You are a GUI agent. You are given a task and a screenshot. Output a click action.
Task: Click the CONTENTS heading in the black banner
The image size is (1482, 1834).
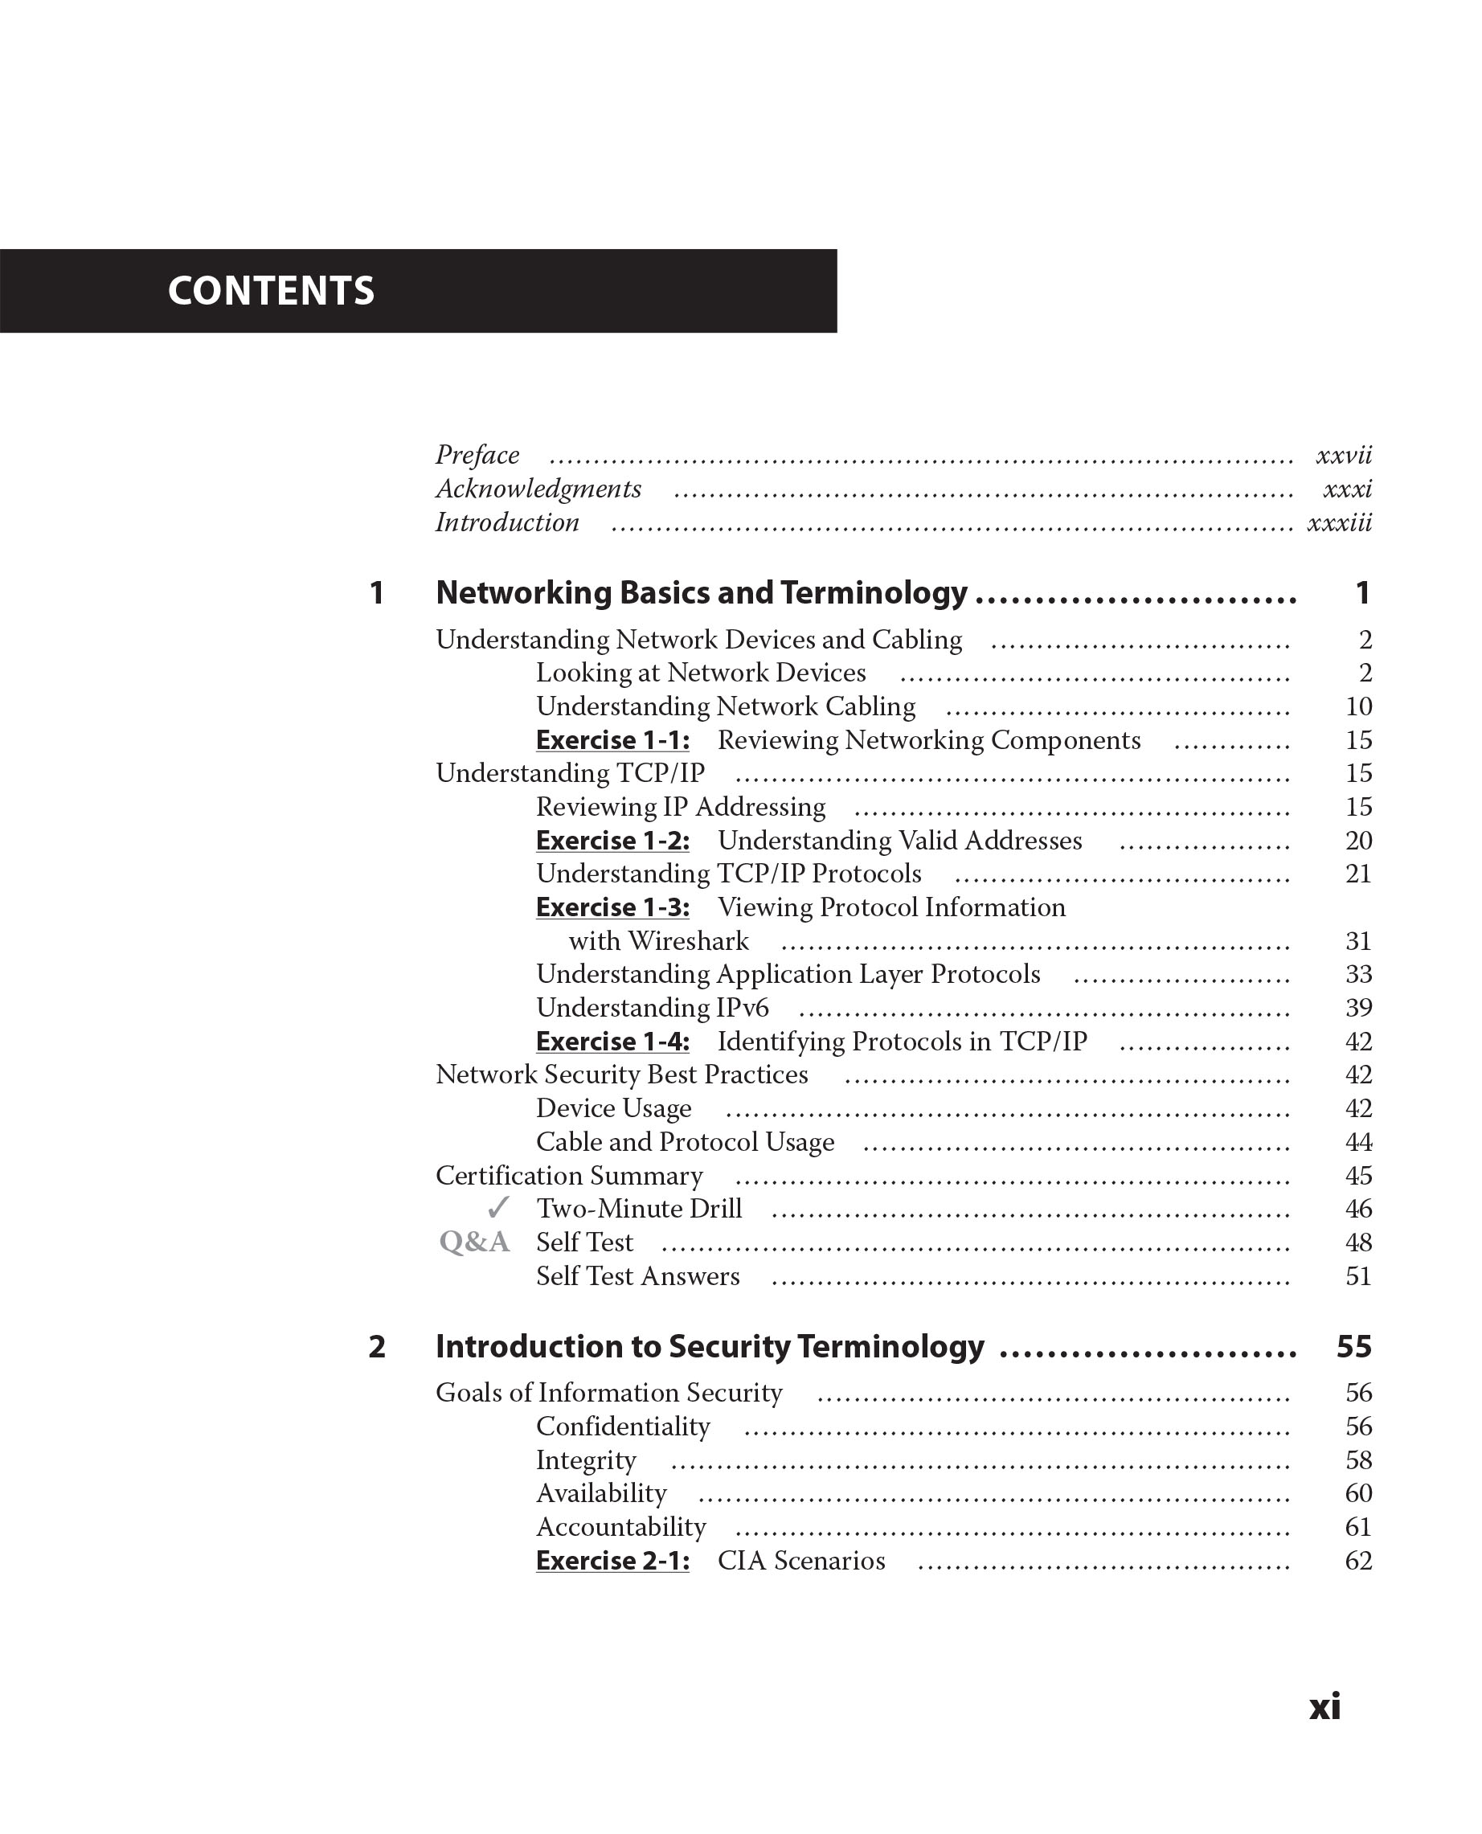[x=271, y=291]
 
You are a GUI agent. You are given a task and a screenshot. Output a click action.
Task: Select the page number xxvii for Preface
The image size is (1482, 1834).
[x=1343, y=455]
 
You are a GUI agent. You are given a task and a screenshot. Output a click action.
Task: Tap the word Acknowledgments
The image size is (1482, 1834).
[x=538, y=489]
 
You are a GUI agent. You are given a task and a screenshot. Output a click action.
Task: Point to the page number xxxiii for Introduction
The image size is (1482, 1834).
[x=1339, y=522]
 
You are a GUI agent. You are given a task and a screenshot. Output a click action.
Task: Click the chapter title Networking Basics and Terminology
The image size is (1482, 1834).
[x=701, y=592]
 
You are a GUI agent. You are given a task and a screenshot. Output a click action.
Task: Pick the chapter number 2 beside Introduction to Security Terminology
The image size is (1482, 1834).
[x=376, y=1346]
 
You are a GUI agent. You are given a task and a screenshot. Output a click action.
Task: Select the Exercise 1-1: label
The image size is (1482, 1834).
[x=612, y=740]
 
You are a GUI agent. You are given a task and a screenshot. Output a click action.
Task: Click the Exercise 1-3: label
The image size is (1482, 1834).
[x=612, y=907]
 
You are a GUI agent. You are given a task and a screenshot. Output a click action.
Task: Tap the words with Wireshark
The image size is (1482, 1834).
[x=658, y=941]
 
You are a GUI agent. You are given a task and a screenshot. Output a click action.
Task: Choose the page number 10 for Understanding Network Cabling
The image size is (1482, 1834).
[x=1358, y=707]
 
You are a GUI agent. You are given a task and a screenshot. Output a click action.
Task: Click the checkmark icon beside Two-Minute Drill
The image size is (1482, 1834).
[x=497, y=1208]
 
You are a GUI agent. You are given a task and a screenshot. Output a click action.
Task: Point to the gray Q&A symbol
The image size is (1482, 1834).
[x=474, y=1242]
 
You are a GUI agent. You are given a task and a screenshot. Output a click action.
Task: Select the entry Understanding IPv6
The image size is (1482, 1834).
[x=653, y=1009]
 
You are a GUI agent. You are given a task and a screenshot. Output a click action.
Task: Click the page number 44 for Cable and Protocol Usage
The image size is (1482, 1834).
[x=1358, y=1142]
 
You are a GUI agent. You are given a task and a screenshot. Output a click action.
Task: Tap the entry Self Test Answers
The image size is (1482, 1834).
[x=637, y=1276]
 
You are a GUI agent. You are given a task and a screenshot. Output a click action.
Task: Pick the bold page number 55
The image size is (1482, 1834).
[x=1354, y=1346]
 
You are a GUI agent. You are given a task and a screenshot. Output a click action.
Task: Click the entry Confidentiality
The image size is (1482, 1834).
[x=622, y=1427]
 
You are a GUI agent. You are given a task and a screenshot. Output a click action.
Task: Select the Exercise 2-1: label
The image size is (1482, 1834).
[x=612, y=1561]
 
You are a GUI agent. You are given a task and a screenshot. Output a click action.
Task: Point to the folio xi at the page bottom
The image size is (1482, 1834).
[x=1325, y=1707]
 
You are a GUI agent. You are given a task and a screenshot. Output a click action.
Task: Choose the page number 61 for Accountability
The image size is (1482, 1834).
[x=1358, y=1528]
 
